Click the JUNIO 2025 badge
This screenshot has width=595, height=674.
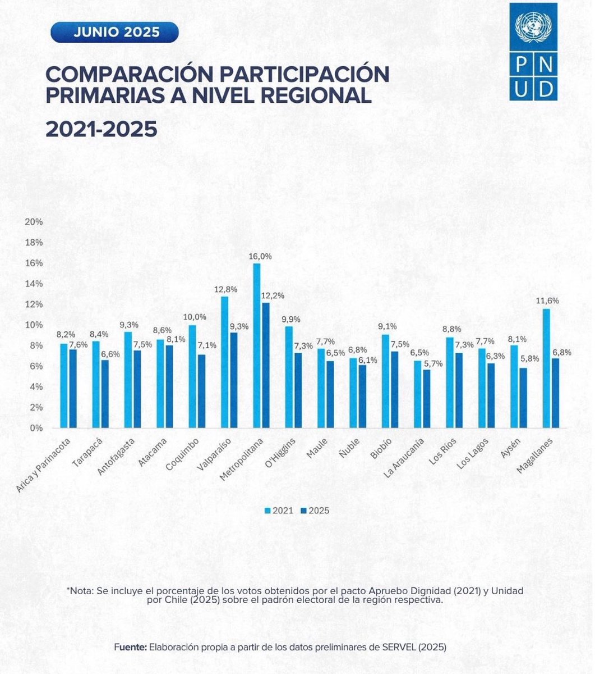[114, 32]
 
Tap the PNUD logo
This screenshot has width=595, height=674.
[533, 52]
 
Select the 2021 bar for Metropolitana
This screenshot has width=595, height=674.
[257, 345]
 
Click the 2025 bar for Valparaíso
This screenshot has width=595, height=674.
[233, 380]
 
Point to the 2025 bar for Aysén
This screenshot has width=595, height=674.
[523, 398]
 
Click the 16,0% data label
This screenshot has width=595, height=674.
[261, 256]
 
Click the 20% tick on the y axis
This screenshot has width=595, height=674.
[34, 222]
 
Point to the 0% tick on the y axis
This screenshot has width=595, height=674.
[36, 428]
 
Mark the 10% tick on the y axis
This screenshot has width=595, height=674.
[34, 325]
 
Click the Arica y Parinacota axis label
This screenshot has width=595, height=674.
[44, 465]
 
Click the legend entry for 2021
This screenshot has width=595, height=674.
[279, 511]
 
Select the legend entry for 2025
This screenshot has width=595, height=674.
[315, 511]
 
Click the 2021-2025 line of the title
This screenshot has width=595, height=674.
[101, 129]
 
